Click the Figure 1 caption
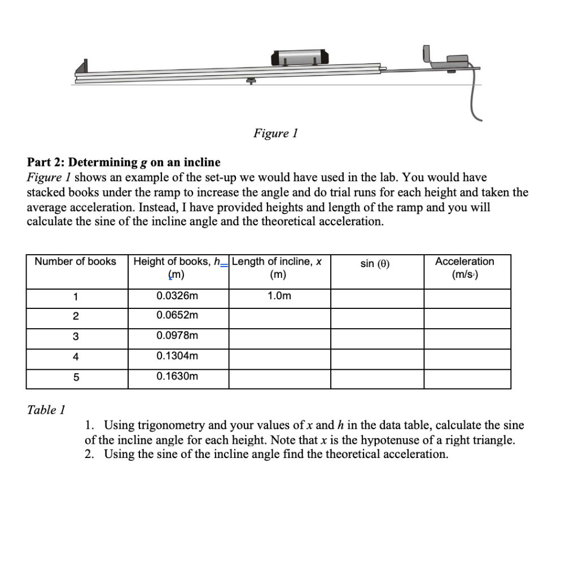coord(275,133)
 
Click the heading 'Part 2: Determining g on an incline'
coord(124,163)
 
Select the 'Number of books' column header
coord(76,261)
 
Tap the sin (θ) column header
coord(376,263)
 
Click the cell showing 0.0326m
coord(177,296)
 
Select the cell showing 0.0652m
coord(177,315)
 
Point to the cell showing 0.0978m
coord(177,335)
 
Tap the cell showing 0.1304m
coord(177,356)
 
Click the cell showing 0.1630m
coord(177,376)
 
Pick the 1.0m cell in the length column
coord(279,296)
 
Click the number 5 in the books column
coord(76,377)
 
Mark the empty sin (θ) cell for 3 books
coord(376,338)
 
